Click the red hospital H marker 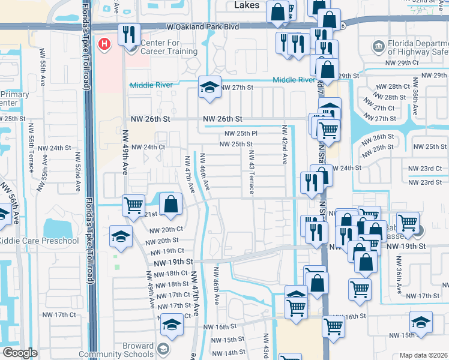105,44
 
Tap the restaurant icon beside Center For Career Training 128,35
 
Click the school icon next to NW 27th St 210,88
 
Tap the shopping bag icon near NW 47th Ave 171,203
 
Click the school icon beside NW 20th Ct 121,236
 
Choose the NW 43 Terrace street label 251,172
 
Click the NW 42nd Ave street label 284,145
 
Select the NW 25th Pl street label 241,133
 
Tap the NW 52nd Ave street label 78,172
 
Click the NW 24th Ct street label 148,147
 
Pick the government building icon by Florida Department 378,46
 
